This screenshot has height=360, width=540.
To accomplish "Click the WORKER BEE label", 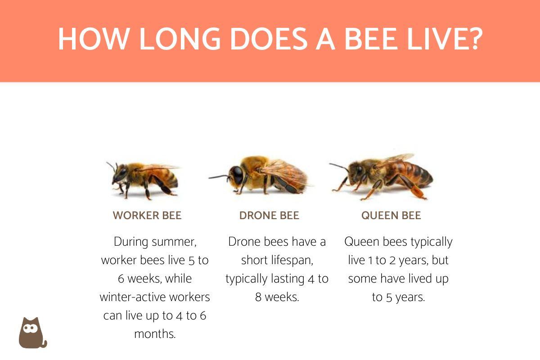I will click(147, 216).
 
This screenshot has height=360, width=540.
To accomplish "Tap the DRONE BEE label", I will click(269, 216).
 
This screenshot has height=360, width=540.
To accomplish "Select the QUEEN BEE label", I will click(391, 216).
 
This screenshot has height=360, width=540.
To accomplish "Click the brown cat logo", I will click(32, 333).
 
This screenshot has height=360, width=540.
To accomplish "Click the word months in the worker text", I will click(155, 334).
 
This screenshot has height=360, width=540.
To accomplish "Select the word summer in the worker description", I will click(174, 242).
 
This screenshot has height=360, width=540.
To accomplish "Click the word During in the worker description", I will click(130, 242).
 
